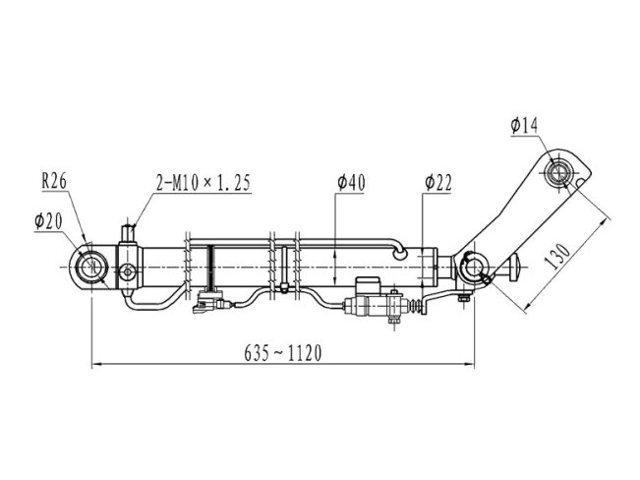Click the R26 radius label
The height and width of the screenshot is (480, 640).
click(54, 181)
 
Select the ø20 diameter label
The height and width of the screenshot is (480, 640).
click(48, 221)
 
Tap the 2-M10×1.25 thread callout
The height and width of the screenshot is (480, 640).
click(204, 183)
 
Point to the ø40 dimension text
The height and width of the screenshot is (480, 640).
click(351, 183)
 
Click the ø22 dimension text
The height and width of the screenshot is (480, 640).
click(437, 183)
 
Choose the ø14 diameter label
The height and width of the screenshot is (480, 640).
click(525, 126)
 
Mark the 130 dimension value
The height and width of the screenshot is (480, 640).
click(558, 257)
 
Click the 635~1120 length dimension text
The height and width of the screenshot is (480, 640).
click(283, 353)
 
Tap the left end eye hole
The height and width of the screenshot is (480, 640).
click(91, 268)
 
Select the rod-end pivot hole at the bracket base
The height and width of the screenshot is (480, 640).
click(474, 268)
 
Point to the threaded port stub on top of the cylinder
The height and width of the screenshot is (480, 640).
click(129, 233)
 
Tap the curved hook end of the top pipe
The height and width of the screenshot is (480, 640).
click(399, 251)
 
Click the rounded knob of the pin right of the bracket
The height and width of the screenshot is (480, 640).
click(515, 268)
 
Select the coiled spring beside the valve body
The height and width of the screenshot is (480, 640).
click(415, 306)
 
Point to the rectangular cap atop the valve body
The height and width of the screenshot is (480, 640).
click(368, 286)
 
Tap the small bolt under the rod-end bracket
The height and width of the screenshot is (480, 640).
click(463, 298)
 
